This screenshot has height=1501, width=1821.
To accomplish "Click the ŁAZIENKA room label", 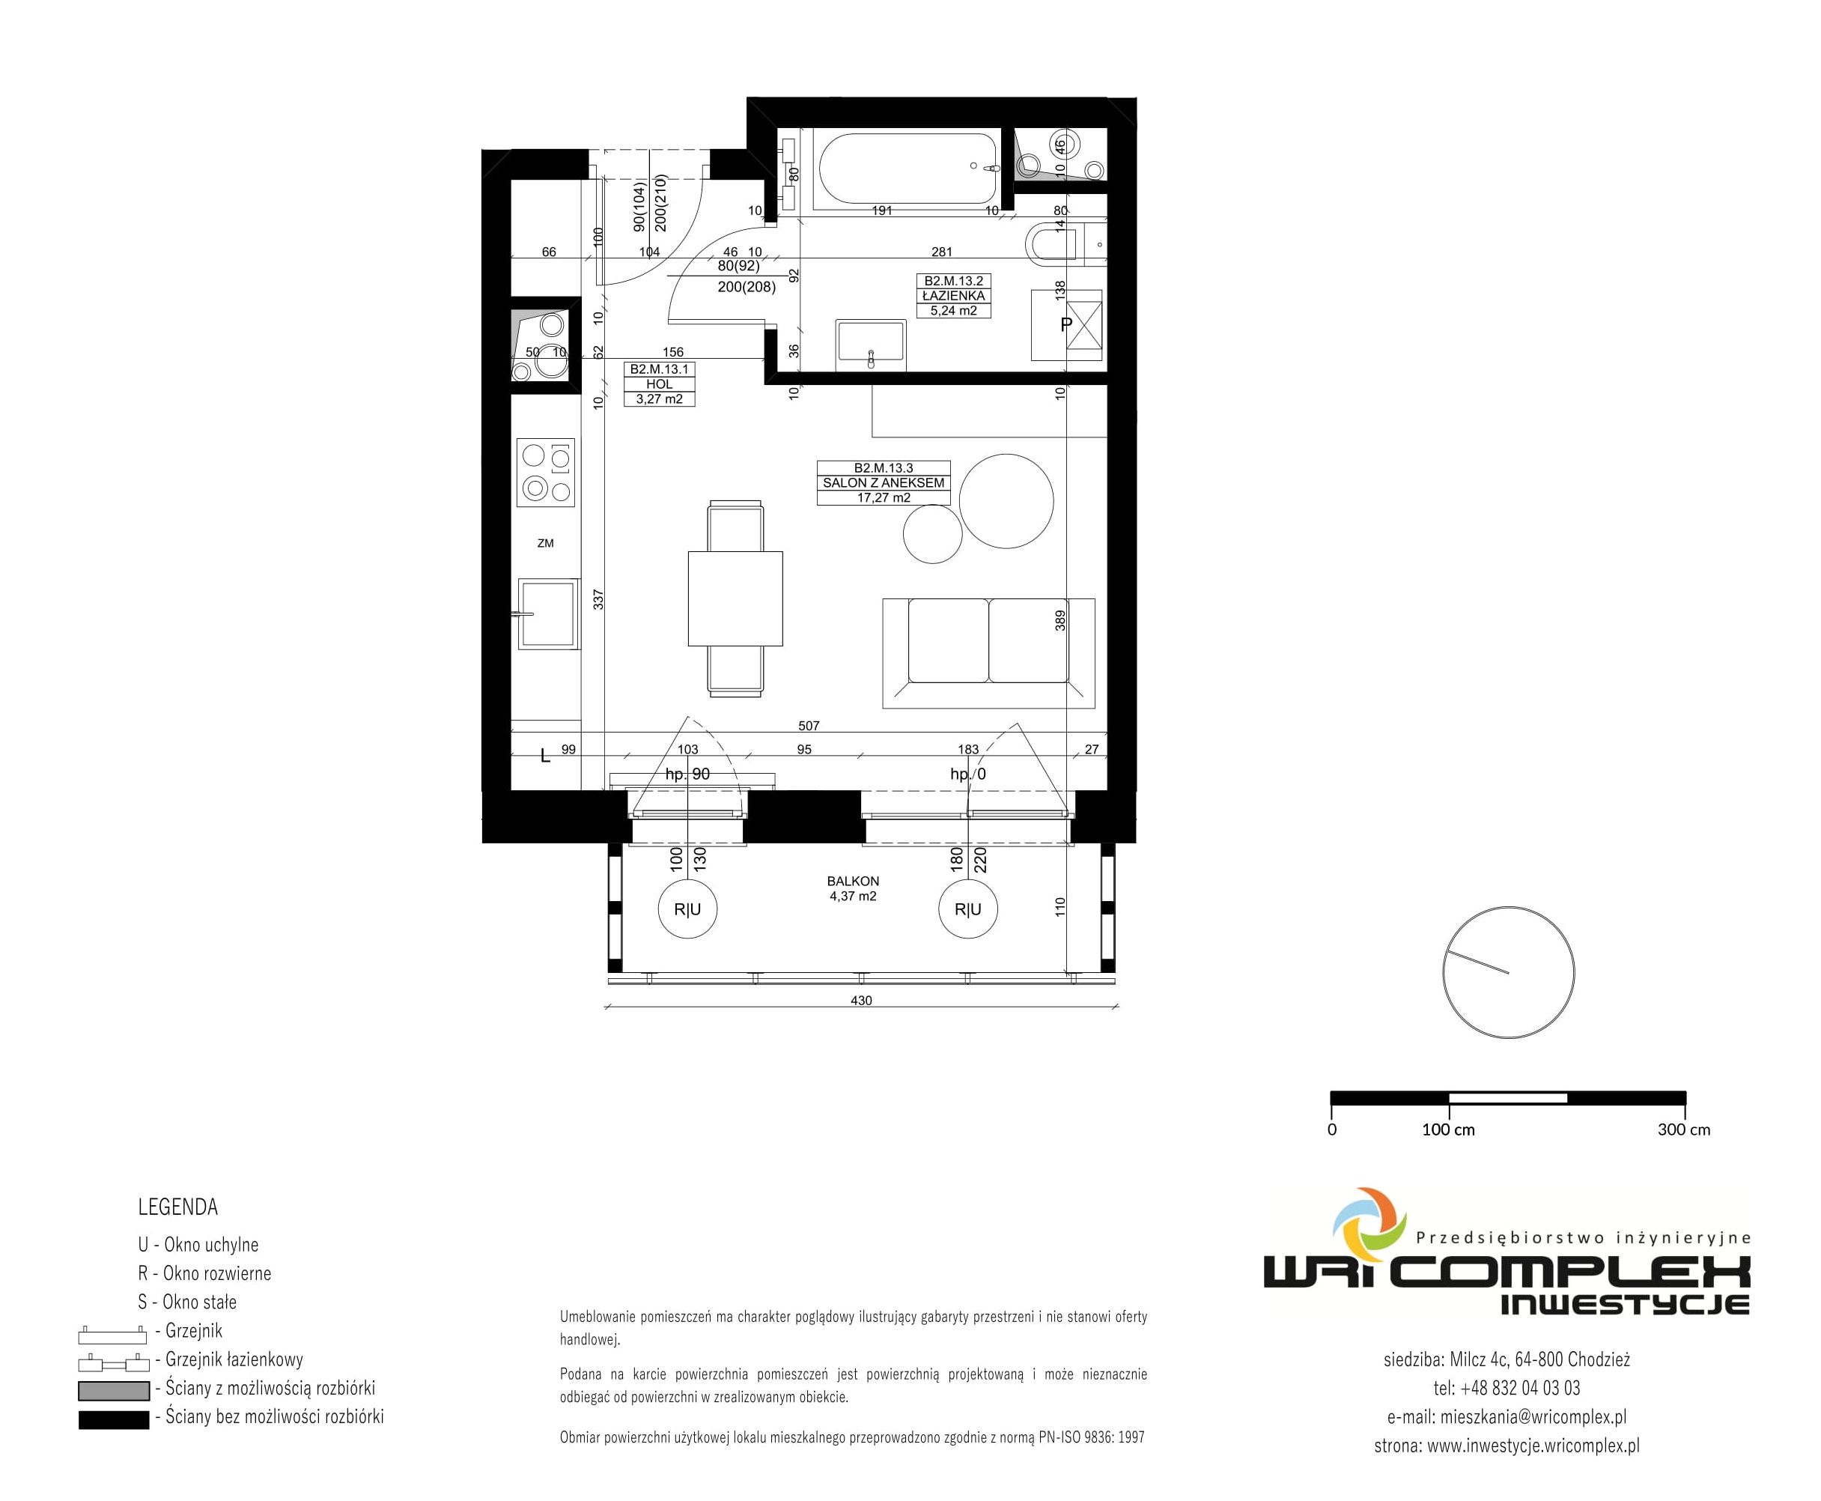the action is [953, 296].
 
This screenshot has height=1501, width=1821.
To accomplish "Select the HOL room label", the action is [660, 384].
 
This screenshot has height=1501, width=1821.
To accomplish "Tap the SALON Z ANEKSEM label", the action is [884, 482].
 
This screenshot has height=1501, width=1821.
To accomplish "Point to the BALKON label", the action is [853, 881].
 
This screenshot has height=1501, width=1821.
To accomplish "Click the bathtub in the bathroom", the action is [908, 168].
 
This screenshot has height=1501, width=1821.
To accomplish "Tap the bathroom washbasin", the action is [871, 344].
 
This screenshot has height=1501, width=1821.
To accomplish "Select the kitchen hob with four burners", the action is [546, 471].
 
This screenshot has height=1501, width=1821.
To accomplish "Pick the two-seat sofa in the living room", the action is [988, 653].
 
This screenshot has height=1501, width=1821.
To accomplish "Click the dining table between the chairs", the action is [735, 598].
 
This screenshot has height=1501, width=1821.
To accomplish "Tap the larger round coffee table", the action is [1006, 500].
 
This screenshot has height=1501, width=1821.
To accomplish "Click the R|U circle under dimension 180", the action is [968, 909].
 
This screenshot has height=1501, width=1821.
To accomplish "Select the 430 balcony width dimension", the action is [862, 1001].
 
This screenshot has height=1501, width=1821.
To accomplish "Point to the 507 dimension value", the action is [809, 727].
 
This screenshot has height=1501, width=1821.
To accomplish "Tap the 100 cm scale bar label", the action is [1449, 1129].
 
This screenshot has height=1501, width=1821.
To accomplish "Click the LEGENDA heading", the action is [178, 1207].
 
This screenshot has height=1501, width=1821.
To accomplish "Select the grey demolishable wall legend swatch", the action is [114, 1390].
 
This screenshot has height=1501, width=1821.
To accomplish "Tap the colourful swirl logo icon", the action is [1369, 1225].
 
